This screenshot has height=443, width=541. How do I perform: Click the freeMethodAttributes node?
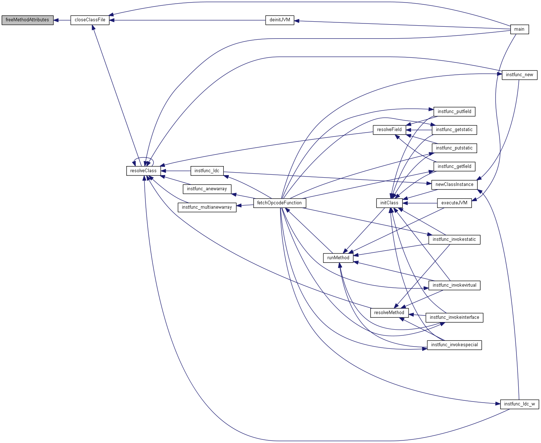point(27,20)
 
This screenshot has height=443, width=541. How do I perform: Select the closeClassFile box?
point(90,20)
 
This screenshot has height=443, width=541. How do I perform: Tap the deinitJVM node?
point(280,20)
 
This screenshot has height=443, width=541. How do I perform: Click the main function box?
point(519,29)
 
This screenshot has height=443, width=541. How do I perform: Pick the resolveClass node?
point(143,171)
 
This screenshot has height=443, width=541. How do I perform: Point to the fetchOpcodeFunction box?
point(280,203)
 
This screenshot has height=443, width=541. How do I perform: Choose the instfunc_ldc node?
point(207,171)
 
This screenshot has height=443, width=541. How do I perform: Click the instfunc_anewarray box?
point(207,189)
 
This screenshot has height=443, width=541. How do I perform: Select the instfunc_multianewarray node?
point(207,207)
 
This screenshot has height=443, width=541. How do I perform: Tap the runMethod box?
point(338,258)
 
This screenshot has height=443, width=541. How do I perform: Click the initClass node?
point(389,203)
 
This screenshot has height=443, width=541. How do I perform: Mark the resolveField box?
point(389,130)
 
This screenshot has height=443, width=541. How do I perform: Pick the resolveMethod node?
point(389,313)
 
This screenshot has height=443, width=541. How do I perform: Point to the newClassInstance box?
point(454,184)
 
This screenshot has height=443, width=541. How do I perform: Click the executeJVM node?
point(454,203)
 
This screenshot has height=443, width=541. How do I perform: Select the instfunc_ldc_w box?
point(519,404)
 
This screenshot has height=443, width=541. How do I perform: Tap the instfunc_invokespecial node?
point(454,345)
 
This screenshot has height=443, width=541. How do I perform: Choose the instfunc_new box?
point(519,75)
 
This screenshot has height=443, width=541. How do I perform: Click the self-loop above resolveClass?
point(144,158)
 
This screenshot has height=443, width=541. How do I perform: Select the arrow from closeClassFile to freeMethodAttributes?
point(62,20)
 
